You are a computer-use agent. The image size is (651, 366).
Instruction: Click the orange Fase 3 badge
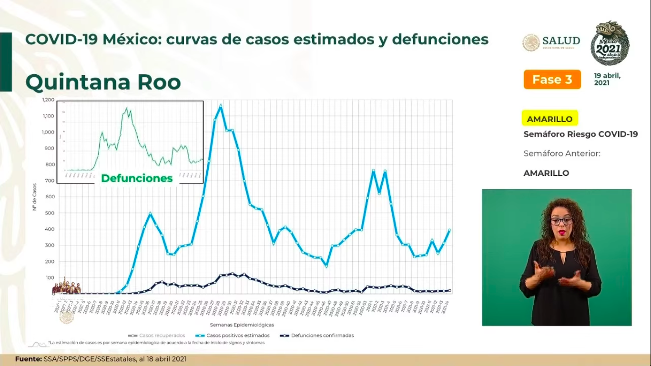(x=552, y=80)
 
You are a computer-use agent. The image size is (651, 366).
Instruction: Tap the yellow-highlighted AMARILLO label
(x=549, y=119)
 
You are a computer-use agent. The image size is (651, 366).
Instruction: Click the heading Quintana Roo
(x=103, y=82)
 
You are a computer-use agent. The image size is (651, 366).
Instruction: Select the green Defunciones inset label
(x=137, y=178)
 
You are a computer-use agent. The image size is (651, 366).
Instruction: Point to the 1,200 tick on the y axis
(x=48, y=100)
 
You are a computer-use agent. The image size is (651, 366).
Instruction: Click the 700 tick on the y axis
(x=50, y=181)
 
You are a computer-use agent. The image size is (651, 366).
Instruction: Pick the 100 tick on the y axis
(x=50, y=277)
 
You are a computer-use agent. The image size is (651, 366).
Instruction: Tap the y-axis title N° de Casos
(x=35, y=197)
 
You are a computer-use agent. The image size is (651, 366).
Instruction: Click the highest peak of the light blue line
(x=220, y=105)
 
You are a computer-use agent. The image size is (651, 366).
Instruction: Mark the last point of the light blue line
(x=449, y=230)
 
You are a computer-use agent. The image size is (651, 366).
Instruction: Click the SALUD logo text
(x=561, y=41)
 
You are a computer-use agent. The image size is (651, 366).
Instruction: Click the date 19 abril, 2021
(x=607, y=79)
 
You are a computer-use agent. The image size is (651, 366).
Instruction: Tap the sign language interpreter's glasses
(x=561, y=222)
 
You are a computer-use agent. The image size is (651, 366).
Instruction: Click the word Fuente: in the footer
(x=27, y=359)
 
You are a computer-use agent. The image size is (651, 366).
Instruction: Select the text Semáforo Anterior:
(x=561, y=153)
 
